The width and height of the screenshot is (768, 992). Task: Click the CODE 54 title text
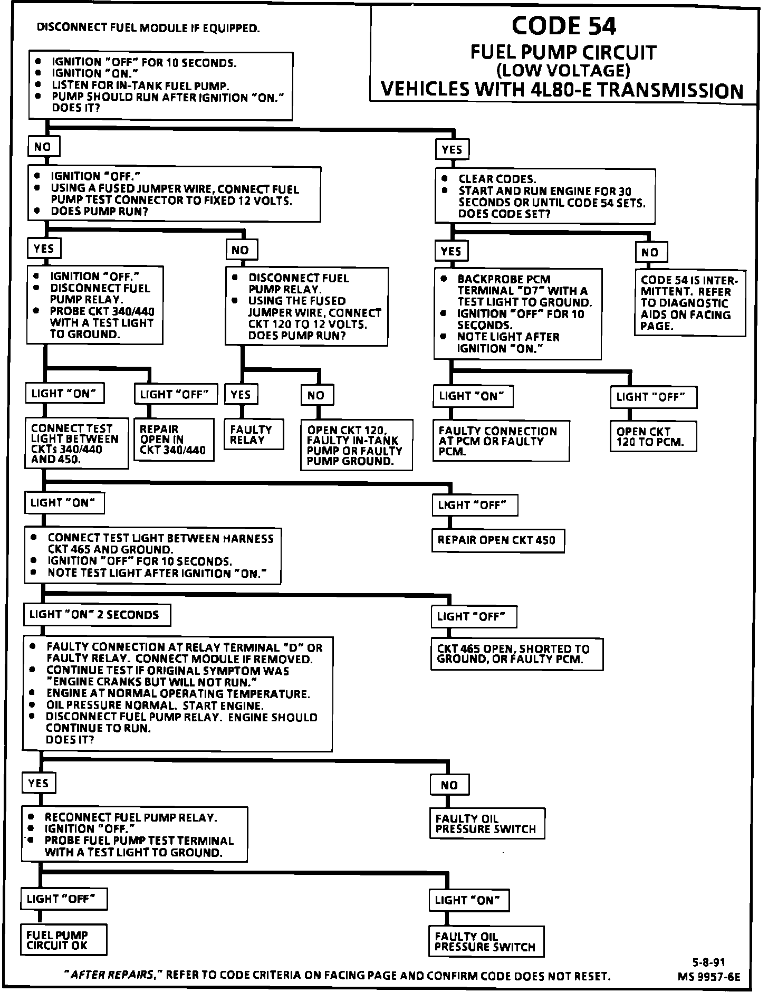pyautogui.click(x=563, y=25)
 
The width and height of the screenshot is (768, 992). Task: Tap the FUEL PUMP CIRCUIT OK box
pyautogui.click(x=63, y=940)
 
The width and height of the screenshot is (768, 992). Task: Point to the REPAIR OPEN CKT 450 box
pyautogui.click(x=497, y=540)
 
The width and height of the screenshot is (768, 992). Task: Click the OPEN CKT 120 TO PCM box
pyautogui.click(x=653, y=436)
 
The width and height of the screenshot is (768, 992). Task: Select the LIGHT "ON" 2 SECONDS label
pyautogui.click(x=97, y=615)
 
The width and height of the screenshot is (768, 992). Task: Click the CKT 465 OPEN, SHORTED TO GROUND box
pyautogui.click(x=516, y=654)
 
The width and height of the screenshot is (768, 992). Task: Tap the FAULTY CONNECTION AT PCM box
pyautogui.click(x=501, y=441)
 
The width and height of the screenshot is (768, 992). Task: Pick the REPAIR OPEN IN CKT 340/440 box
pyautogui.click(x=174, y=440)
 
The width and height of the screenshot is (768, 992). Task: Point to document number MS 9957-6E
pyautogui.click(x=709, y=977)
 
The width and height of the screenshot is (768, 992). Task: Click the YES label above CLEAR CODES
pyautogui.click(x=452, y=150)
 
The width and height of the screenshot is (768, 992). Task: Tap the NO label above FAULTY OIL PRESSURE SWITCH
pyautogui.click(x=449, y=785)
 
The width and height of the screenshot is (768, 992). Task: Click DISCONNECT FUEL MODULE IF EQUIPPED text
pyautogui.click(x=148, y=28)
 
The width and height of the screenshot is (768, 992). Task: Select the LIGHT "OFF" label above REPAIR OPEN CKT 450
pyautogui.click(x=474, y=505)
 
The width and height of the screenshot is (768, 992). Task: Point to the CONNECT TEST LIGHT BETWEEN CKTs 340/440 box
pyautogui.click(x=76, y=443)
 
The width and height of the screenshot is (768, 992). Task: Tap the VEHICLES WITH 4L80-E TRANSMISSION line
pyautogui.click(x=561, y=90)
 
